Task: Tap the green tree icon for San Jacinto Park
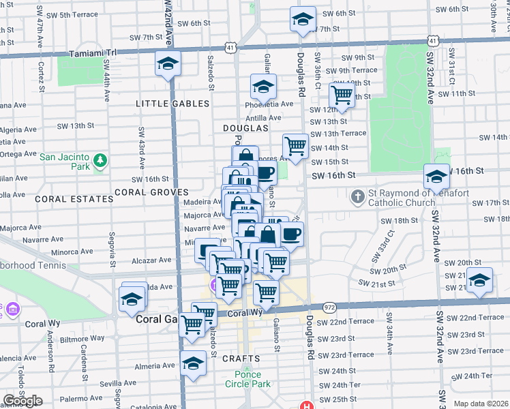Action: click(100, 160)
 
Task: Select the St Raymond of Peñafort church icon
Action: click(358, 198)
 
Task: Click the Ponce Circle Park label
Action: click(252, 378)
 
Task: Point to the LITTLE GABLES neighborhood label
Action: click(172, 104)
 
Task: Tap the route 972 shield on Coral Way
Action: click(330, 309)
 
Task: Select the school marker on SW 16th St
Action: click(436, 177)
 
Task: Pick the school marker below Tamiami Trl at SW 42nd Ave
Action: click(168, 64)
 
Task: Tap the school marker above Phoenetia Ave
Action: click(262, 87)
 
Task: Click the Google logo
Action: click(22, 401)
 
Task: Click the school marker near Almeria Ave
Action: click(194, 363)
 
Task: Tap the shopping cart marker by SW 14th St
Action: click(295, 146)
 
